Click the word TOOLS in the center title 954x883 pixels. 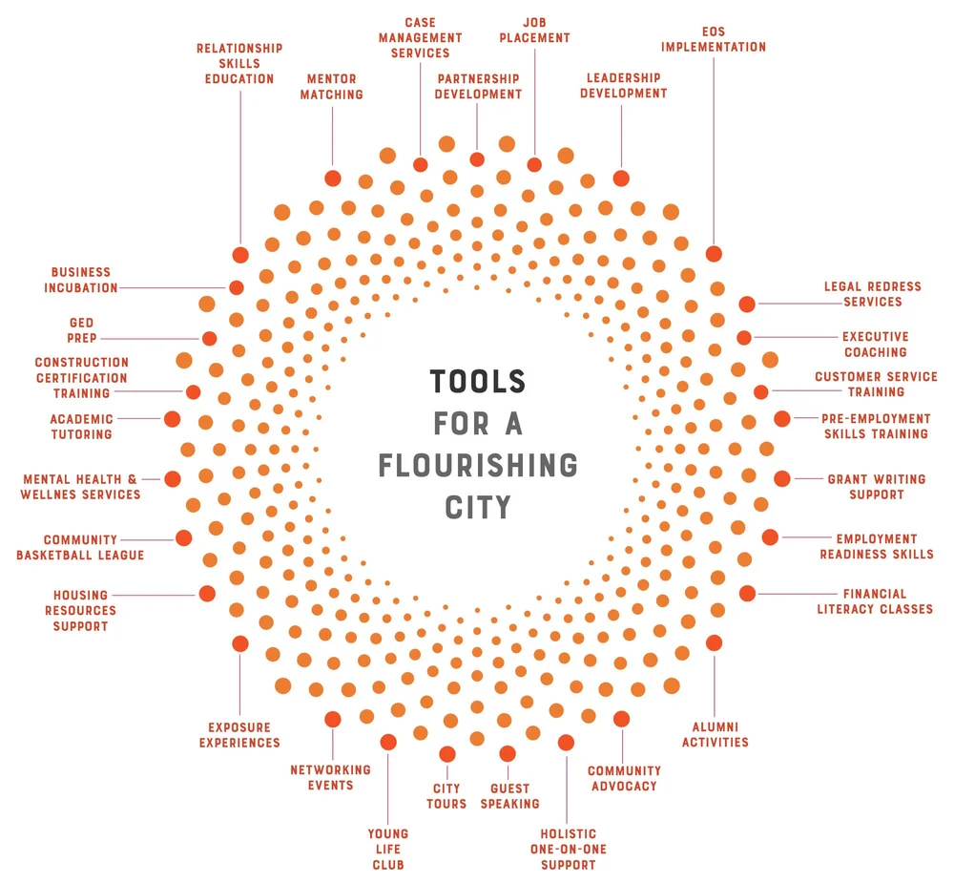click(477, 382)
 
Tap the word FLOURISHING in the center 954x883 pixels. click(478, 465)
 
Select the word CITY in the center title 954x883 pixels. click(478, 506)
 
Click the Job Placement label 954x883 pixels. click(533, 30)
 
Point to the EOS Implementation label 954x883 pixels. click(713, 38)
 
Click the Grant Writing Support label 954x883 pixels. click(865, 487)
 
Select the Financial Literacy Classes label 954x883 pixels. click(874, 601)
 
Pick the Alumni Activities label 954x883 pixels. click(715, 734)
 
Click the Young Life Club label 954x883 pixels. click(387, 849)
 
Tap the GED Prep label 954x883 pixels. click(81, 330)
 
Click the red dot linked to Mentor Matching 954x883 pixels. click(332, 178)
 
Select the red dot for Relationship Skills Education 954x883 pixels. click(240, 255)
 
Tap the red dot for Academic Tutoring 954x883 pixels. click(172, 418)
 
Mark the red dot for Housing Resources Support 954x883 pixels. click(207, 594)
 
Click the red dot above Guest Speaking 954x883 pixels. click(507, 753)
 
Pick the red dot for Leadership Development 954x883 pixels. click(621, 178)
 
